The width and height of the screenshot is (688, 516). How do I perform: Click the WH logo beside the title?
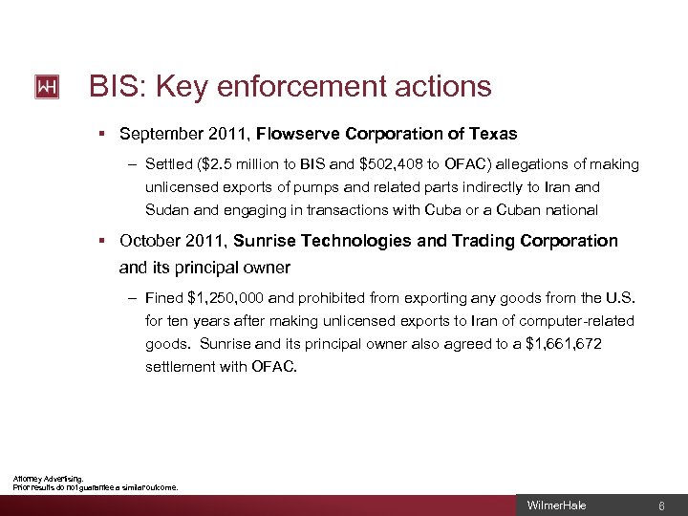[x=47, y=87]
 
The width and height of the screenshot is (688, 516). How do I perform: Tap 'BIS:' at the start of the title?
[x=117, y=87]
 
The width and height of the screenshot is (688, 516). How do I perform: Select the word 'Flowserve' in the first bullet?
[x=295, y=134]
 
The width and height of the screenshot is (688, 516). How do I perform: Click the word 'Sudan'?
[x=167, y=210]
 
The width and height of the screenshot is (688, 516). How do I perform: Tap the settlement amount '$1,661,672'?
[x=564, y=343]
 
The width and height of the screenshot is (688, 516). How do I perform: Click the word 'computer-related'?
[x=579, y=320]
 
